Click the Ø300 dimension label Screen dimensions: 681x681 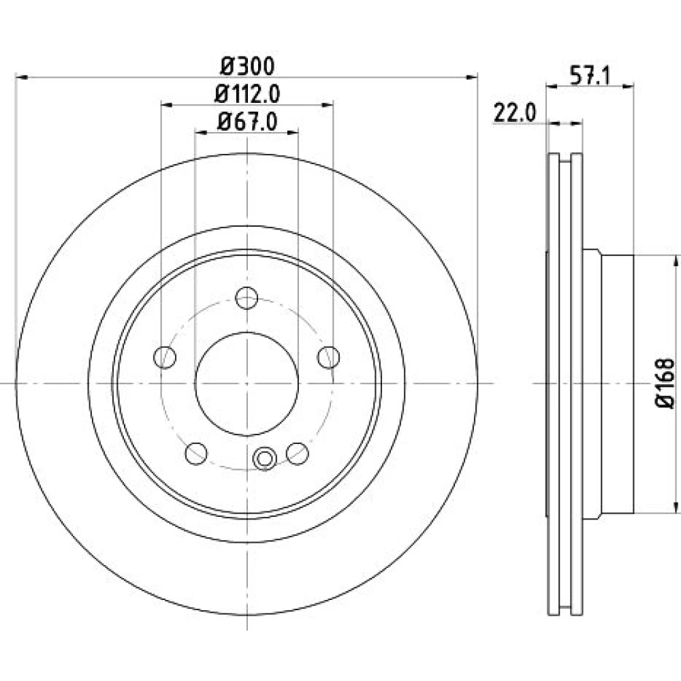click(248, 67)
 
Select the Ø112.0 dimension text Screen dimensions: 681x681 click(247, 94)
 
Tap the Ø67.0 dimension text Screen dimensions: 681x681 click(247, 121)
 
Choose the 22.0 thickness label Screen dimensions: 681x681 click(515, 113)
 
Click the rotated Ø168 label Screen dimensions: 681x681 click(665, 383)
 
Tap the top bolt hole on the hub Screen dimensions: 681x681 click(247, 298)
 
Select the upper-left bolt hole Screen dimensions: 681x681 click(165, 358)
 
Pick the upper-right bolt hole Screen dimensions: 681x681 click(328, 358)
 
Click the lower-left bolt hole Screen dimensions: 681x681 click(196, 454)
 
